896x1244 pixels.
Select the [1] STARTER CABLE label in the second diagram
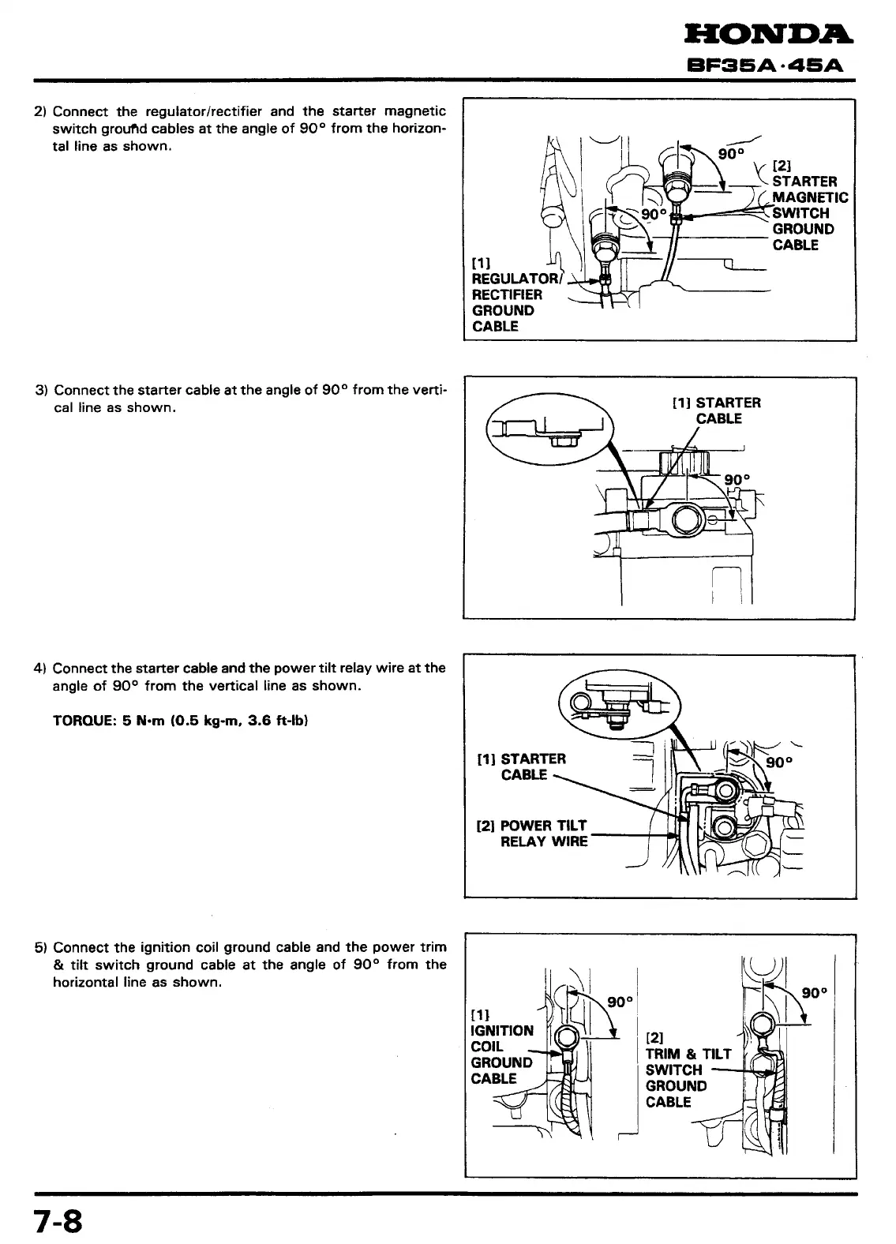[716, 410]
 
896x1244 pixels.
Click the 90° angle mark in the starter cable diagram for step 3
[737, 478]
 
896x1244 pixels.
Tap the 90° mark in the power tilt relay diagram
[779, 763]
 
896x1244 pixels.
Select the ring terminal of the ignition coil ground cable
[568, 1037]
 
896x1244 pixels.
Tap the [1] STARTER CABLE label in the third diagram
[523, 766]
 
